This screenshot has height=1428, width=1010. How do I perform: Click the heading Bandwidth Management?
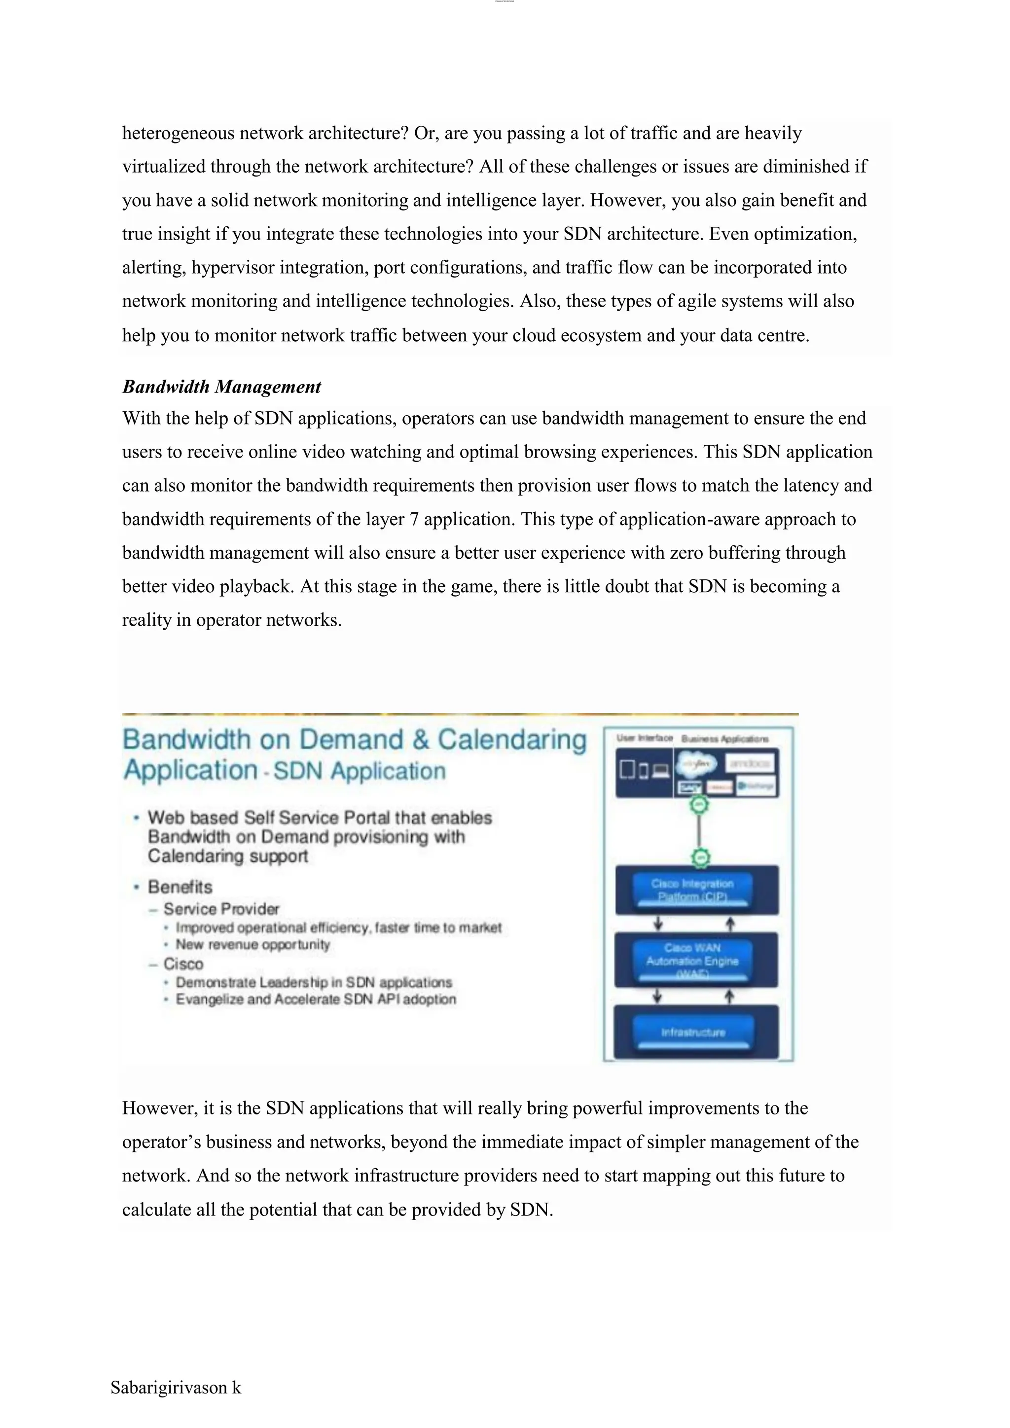[x=221, y=387]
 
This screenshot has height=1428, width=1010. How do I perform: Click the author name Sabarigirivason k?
[x=176, y=1387]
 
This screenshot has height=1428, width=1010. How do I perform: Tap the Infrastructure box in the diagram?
[x=693, y=1033]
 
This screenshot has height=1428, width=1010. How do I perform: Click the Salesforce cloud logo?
[x=696, y=764]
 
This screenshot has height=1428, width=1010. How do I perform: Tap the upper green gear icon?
[x=700, y=805]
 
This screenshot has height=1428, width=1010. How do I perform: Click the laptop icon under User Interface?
[x=661, y=771]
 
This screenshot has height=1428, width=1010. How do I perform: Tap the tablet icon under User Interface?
[x=627, y=770]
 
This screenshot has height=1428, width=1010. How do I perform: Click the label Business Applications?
[x=724, y=739]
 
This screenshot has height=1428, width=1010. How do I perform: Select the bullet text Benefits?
[x=180, y=887]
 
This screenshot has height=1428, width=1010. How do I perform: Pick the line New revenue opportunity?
[x=252, y=945]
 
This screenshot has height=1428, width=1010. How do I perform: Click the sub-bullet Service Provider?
[x=221, y=909]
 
